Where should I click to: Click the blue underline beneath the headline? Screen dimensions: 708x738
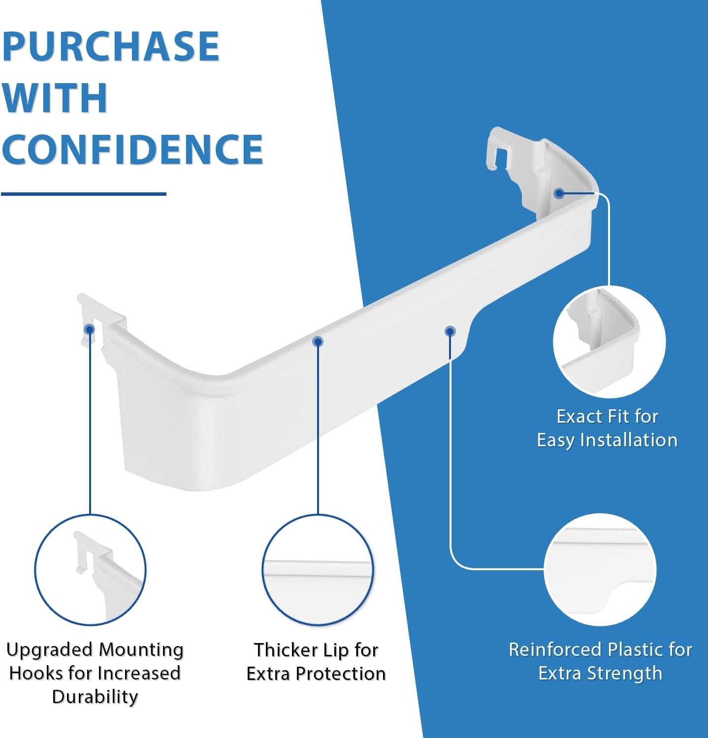point(84,194)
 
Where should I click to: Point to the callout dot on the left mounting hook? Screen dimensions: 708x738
point(89,329)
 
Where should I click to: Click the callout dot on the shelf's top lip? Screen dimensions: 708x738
point(318,341)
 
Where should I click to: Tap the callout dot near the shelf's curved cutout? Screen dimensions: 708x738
point(450,331)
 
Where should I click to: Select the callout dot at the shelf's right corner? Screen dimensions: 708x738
point(559,193)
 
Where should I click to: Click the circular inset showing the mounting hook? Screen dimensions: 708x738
point(90,570)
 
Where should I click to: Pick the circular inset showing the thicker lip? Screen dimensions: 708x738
point(318,570)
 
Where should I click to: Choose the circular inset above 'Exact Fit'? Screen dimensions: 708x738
point(609,342)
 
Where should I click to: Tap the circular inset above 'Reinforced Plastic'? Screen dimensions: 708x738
point(600,570)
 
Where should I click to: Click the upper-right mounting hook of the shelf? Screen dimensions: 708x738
point(499,148)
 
